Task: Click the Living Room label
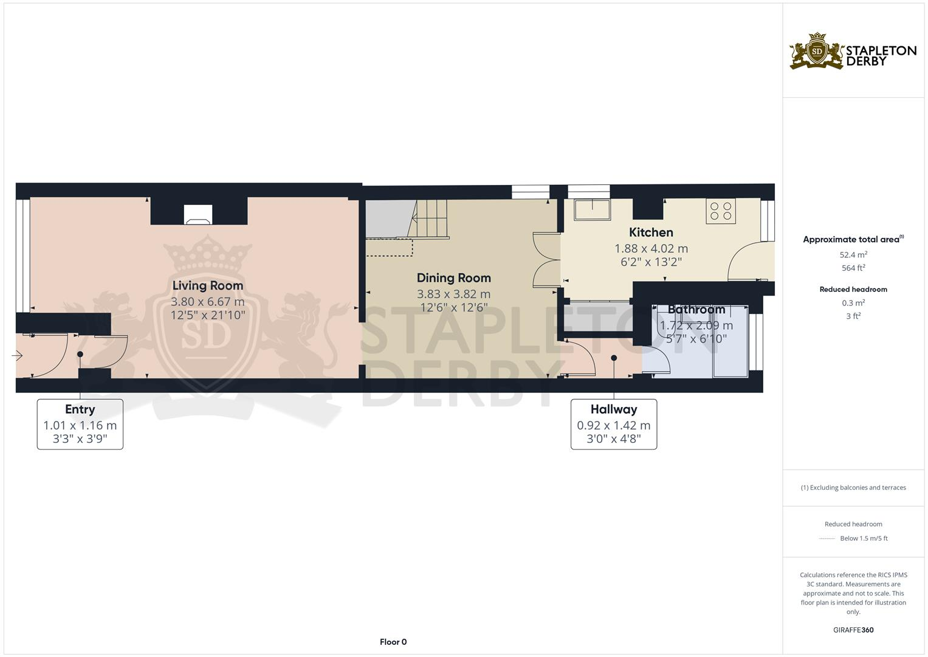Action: click(207, 285)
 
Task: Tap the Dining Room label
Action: click(453, 278)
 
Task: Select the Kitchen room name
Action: click(650, 232)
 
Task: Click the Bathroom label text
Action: click(696, 310)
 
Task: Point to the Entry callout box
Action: click(80, 425)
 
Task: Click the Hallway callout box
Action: click(613, 425)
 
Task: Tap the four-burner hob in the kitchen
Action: click(720, 211)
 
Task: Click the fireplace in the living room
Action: click(199, 214)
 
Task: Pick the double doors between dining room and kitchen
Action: click(545, 259)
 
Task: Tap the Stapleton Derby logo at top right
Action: click(853, 51)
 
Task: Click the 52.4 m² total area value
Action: click(853, 255)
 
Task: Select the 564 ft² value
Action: click(853, 268)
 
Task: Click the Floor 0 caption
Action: click(393, 642)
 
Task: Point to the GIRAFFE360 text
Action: click(853, 630)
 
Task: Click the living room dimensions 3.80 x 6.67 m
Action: click(207, 302)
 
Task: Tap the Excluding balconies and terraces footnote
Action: click(853, 487)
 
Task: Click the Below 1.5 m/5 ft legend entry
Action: click(863, 538)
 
